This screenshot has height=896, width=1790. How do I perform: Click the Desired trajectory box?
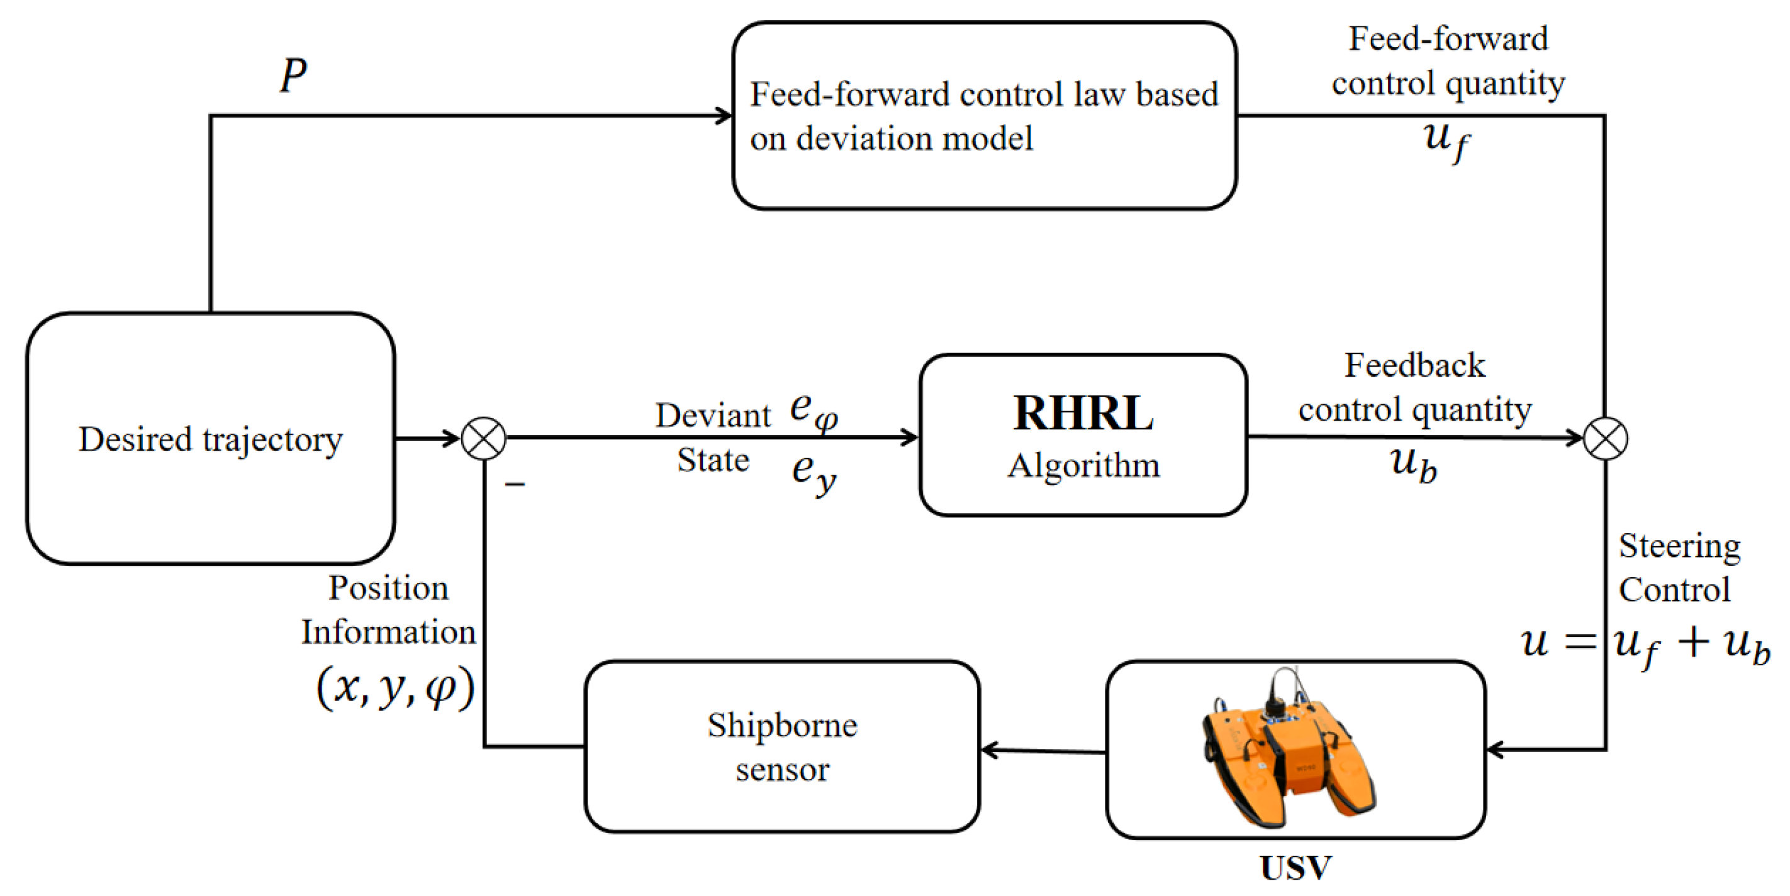pyautogui.click(x=211, y=438)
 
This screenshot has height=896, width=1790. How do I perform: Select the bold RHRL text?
pyautogui.click(x=1083, y=413)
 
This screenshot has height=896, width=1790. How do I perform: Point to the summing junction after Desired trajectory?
pyautogui.click(x=484, y=438)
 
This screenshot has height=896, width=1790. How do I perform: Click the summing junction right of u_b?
pyautogui.click(x=1605, y=438)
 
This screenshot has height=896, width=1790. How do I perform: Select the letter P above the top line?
pyautogui.click(x=293, y=75)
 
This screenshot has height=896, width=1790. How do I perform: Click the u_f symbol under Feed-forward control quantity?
pyautogui.click(x=1446, y=139)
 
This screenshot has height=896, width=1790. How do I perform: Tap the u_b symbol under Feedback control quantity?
pyautogui.click(x=1413, y=464)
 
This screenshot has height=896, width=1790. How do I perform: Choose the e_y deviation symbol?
pyautogui.click(x=814, y=473)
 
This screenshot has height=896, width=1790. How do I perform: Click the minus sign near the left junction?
pyautogui.click(x=515, y=484)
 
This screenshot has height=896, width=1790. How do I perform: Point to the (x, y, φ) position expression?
pyautogui.click(x=395, y=688)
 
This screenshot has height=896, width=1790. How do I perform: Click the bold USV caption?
pyautogui.click(x=1295, y=868)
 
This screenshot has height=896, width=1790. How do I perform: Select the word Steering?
pyautogui.click(x=1679, y=546)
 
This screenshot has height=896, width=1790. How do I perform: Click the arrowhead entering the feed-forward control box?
pyautogui.click(x=724, y=116)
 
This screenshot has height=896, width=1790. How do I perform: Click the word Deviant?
pyautogui.click(x=713, y=416)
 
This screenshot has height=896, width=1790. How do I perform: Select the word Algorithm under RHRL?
pyautogui.click(x=1083, y=465)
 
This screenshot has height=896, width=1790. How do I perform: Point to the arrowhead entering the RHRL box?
pyautogui.click(x=910, y=438)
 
